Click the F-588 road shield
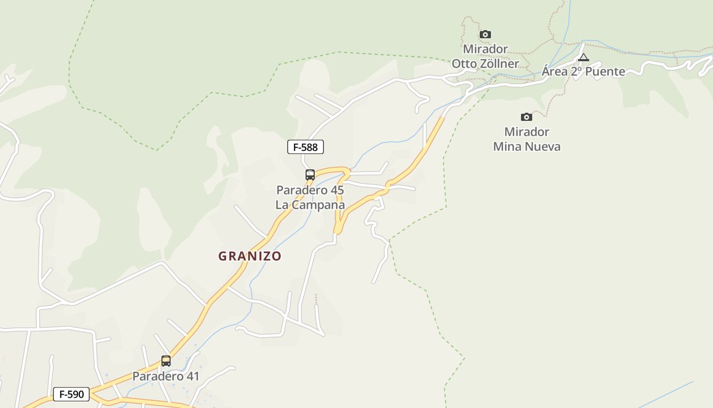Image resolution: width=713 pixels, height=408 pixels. coord(306,147)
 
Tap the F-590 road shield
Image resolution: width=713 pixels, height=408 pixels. coord(71,394)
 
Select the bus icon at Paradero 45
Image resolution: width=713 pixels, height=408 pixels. coord(310,175)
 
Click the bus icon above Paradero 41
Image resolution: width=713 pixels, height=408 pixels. coord(166,361)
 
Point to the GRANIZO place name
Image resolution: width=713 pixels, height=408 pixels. coord(250,256)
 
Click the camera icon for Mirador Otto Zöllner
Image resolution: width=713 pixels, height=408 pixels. coord(485,35)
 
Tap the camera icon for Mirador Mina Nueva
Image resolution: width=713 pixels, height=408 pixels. coord(527,117)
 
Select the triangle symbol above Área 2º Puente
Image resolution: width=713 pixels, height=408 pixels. coord(584,57)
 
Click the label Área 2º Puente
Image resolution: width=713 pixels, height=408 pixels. coord(583,71)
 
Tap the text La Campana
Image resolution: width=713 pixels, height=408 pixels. coord(310,205)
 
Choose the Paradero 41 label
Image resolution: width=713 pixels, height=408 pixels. coord(166,376)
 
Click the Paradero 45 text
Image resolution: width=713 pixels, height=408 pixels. coord(310,190)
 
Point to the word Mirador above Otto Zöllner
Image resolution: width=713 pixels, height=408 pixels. coord(485,49)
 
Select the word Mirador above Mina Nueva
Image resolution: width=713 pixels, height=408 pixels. coord(527,132)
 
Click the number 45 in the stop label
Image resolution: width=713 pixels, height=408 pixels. coord(337,190)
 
